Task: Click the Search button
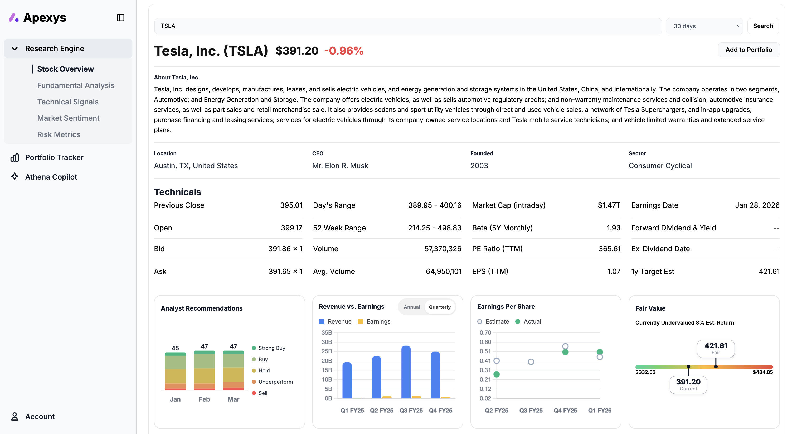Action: click(x=763, y=26)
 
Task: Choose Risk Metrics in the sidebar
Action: click(x=59, y=134)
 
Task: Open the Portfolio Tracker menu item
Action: click(x=54, y=157)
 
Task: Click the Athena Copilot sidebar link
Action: click(x=51, y=177)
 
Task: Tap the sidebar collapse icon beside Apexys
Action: click(x=120, y=18)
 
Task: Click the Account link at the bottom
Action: click(x=40, y=416)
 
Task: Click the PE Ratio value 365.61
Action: click(x=609, y=249)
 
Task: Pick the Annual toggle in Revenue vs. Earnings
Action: click(x=411, y=307)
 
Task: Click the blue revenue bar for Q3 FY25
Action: click(x=406, y=372)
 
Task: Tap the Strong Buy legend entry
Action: click(x=271, y=348)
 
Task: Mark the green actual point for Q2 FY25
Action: click(x=496, y=374)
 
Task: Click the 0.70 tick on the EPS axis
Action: click(x=485, y=332)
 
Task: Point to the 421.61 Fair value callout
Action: click(x=715, y=348)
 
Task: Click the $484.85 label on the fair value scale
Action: click(x=762, y=372)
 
